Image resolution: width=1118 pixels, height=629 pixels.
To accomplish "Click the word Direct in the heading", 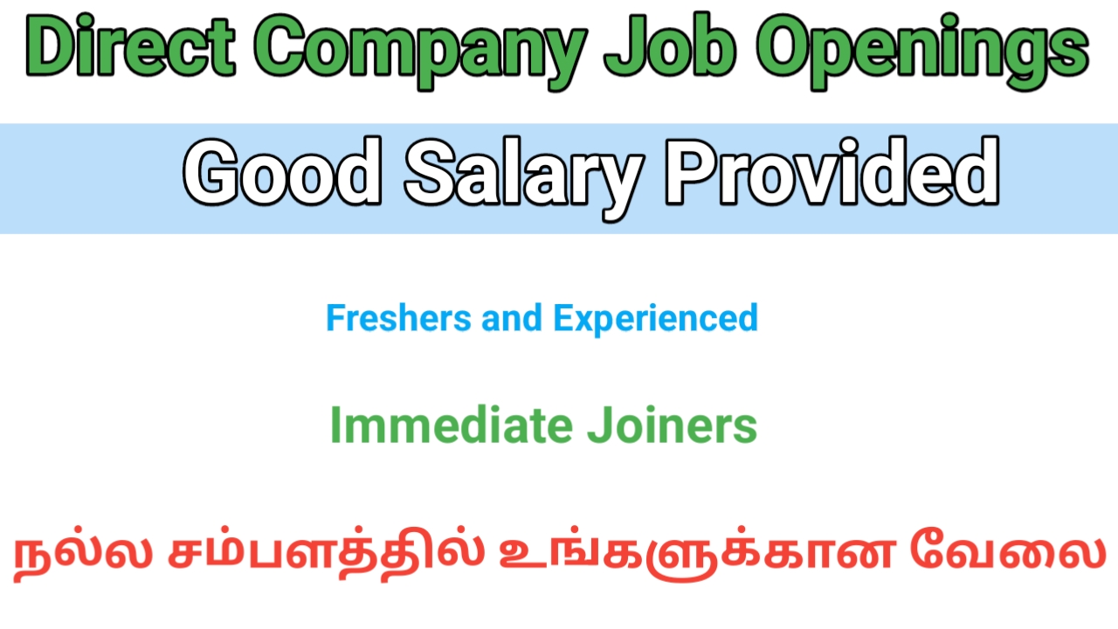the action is (130, 46).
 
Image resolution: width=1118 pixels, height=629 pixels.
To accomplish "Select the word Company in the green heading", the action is (420, 52).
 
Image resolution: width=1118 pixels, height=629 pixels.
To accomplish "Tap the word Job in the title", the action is (670, 46).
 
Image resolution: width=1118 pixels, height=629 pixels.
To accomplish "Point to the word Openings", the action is (921, 52).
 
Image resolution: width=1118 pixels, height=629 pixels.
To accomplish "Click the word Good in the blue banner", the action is (282, 172).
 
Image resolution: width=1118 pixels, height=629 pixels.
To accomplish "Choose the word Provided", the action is (832, 172).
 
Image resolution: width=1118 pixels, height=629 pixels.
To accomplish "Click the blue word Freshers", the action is (398, 317).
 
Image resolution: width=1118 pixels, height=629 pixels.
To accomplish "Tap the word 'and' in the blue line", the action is (512, 317).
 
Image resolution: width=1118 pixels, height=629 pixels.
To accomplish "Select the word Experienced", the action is (656, 320).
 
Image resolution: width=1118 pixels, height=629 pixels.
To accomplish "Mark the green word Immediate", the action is (452, 425).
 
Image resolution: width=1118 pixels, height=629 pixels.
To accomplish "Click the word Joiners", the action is (673, 425).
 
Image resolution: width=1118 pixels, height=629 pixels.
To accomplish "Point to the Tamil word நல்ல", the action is (83, 553).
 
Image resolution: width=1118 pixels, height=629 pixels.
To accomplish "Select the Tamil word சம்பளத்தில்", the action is (327, 553).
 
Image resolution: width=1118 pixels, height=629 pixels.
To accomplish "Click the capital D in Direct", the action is (54, 46).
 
